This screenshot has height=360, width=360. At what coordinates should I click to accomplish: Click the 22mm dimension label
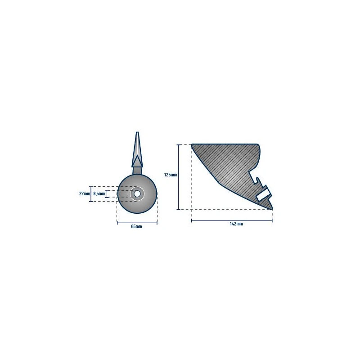pyautogui.click(x=85, y=193)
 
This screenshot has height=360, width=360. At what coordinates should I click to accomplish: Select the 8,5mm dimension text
pyautogui.click(x=99, y=194)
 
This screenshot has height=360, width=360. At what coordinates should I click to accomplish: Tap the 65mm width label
pyautogui.click(x=136, y=227)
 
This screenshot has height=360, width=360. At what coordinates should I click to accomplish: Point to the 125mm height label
pyautogui.click(x=171, y=175)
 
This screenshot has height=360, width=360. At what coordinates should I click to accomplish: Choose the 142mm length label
pyautogui.click(x=236, y=224)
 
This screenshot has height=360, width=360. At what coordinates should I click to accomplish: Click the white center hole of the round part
pyautogui.click(x=137, y=194)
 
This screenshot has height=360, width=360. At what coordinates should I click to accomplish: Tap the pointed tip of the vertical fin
pyautogui.click(x=137, y=132)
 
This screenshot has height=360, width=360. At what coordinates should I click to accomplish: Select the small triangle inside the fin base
pyautogui.click(x=137, y=161)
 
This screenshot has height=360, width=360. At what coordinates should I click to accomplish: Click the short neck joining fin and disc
pyautogui.click(x=137, y=171)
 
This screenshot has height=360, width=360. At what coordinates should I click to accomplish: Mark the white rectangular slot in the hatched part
pyautogui.click(x=264, y=194)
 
